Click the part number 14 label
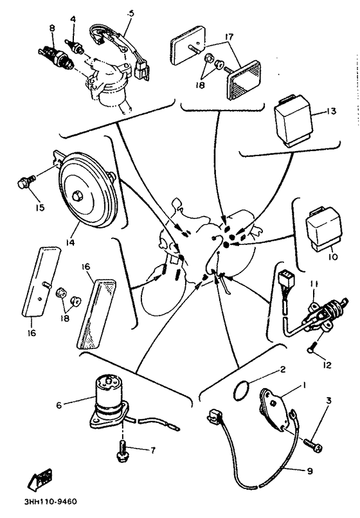pyautogui.click(x=70, y=242)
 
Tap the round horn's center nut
pyautogui.click(x=78, y=195)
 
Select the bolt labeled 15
pyautogui.click(x=26, y=181)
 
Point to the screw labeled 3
pyautogui.click(x=312, y=444)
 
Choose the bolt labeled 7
pyautogui.click(x=123, y=451)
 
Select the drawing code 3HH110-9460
pyautogui.click(x=50, y=501)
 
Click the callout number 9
pyautogui.click(x=309, y=470)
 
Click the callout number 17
pyautogui.click(x=229, y=37)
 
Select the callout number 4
pyautogui.click(x=73, y=19)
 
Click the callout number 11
pyautogui.click(x=314, y=284)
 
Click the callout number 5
pyautogui.click(x=131, y=13)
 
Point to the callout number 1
pyautogui.click(x=304, y=385)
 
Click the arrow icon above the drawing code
pyautogui.click(x=42, y=478)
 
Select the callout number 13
pyautogui.click(x=330, y=111)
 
